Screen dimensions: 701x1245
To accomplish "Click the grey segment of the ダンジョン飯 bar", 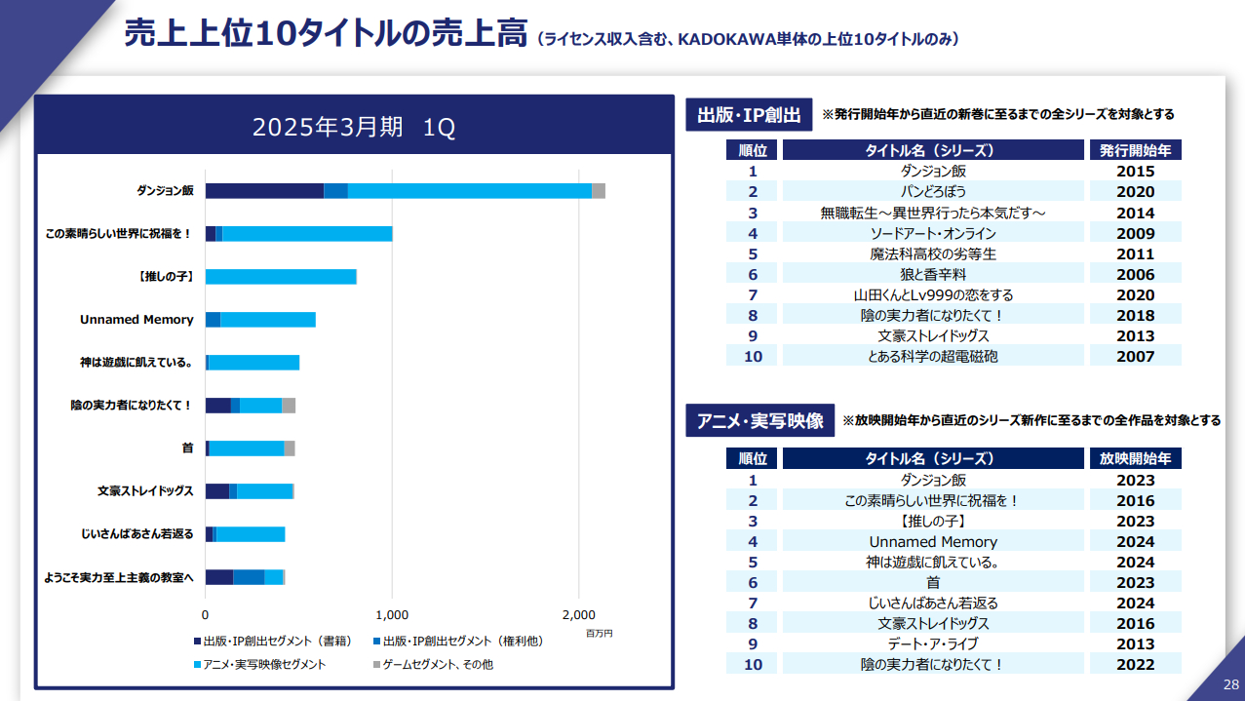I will (x=599, y=191).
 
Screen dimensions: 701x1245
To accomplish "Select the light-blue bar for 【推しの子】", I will (x=281, y=277).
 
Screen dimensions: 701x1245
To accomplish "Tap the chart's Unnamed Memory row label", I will (x=136, y=320).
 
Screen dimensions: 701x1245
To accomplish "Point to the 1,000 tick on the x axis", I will (x=392, y=615).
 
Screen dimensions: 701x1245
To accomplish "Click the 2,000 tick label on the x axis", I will (x=579, y=615).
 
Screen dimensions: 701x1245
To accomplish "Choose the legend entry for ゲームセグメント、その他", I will (x=440, y=664).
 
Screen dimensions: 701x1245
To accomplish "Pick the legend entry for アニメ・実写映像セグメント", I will (x=263, y=664).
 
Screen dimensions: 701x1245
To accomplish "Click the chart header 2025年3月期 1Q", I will (x=354, y=128).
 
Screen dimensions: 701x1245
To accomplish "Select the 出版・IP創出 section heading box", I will (x=749, y=115).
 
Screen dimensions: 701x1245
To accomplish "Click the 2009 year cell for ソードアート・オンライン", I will (x=1136, y=234).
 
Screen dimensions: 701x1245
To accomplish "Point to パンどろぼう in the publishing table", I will (x=933, y=192).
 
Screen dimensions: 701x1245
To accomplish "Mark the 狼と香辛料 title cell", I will (x=933, y=275).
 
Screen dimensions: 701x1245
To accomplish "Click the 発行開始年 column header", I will (x=1136, y=150).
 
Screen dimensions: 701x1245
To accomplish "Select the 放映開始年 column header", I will (x=1136, y=458).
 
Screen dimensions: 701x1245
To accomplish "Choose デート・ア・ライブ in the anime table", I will (x=933, y=644).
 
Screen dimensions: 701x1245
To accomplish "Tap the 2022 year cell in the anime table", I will (x=1136, y=665).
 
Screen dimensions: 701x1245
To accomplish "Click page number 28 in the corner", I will (x=1230, y=684).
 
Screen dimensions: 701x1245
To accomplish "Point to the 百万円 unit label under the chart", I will (x=599, y=634).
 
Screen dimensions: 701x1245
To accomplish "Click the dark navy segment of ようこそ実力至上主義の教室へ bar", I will (x=218, y=577).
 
